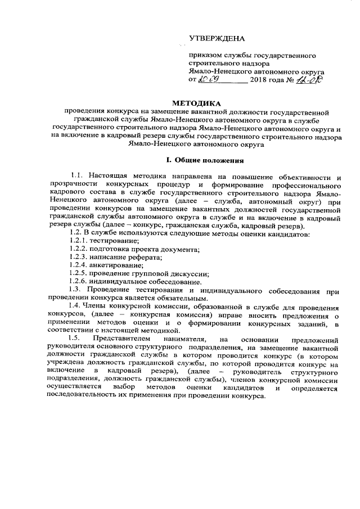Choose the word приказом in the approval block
pyautogui.click(x=206, y=56)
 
